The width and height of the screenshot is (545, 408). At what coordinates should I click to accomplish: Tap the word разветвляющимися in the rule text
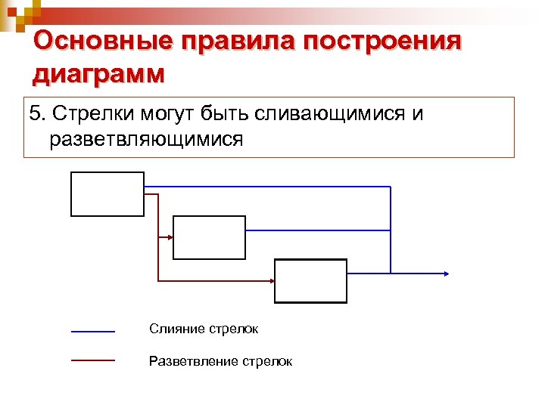point(146,140)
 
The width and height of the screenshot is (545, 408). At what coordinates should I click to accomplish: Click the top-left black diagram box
point(107,194)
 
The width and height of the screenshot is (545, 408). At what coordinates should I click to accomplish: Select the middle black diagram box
point(210,237)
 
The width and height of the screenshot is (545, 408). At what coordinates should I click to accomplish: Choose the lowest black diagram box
point(310,281)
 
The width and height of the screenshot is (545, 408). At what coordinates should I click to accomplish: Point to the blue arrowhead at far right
point(447,274)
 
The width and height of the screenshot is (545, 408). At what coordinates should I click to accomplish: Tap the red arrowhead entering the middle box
point(170,237)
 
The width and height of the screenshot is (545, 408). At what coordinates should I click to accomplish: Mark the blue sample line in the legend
point(92,331)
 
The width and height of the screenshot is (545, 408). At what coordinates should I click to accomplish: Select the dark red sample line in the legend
point(92,360)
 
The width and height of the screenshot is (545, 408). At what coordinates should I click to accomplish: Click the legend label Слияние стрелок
point(204,329)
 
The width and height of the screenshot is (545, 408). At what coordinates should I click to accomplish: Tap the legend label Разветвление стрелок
point(220,361)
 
